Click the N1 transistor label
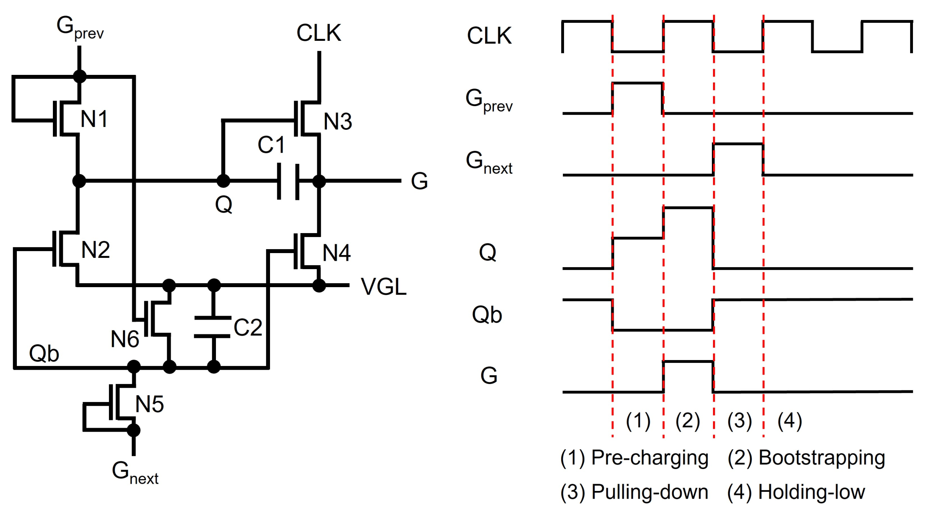[x=94, y=119]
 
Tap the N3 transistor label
[x=338, y=121]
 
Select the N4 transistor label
[x=337, y=253]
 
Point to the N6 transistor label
[x=125, y=339]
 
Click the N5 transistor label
[x=149, y=404]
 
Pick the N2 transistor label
[x=95, y=250]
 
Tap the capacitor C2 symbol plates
[x=213, y=327]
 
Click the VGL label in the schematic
[x=383, y=287]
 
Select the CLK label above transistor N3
[x=318, y=33]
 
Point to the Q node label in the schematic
[x=224, y=205]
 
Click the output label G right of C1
[x=419, y=181]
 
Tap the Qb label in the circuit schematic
[x=44, y=354]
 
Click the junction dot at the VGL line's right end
[x=319, y=286]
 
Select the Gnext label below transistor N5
[x=135, y=472]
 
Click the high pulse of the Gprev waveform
[x=637, y=83]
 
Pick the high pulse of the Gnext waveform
[x=738, y=144]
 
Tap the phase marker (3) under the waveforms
[x=739, y=421]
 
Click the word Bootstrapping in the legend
[x=822, y=458]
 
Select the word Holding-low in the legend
[x=811, y=492]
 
